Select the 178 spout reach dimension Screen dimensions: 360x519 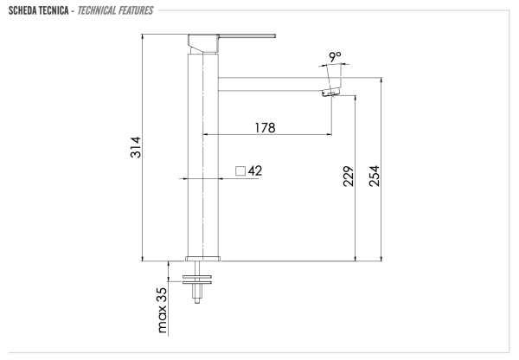(x=265, y=127)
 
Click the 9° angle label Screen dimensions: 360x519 (x=335, y=57)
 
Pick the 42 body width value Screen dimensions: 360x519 (x=255, y=170)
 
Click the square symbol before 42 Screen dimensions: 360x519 (x=241, y=170)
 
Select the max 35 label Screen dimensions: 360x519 (x=162, y=309)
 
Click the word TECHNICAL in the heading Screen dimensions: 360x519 (x=110, y=10)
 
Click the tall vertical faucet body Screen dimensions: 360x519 (x=202, y=156)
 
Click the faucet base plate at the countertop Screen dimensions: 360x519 (x=203, y=257)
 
